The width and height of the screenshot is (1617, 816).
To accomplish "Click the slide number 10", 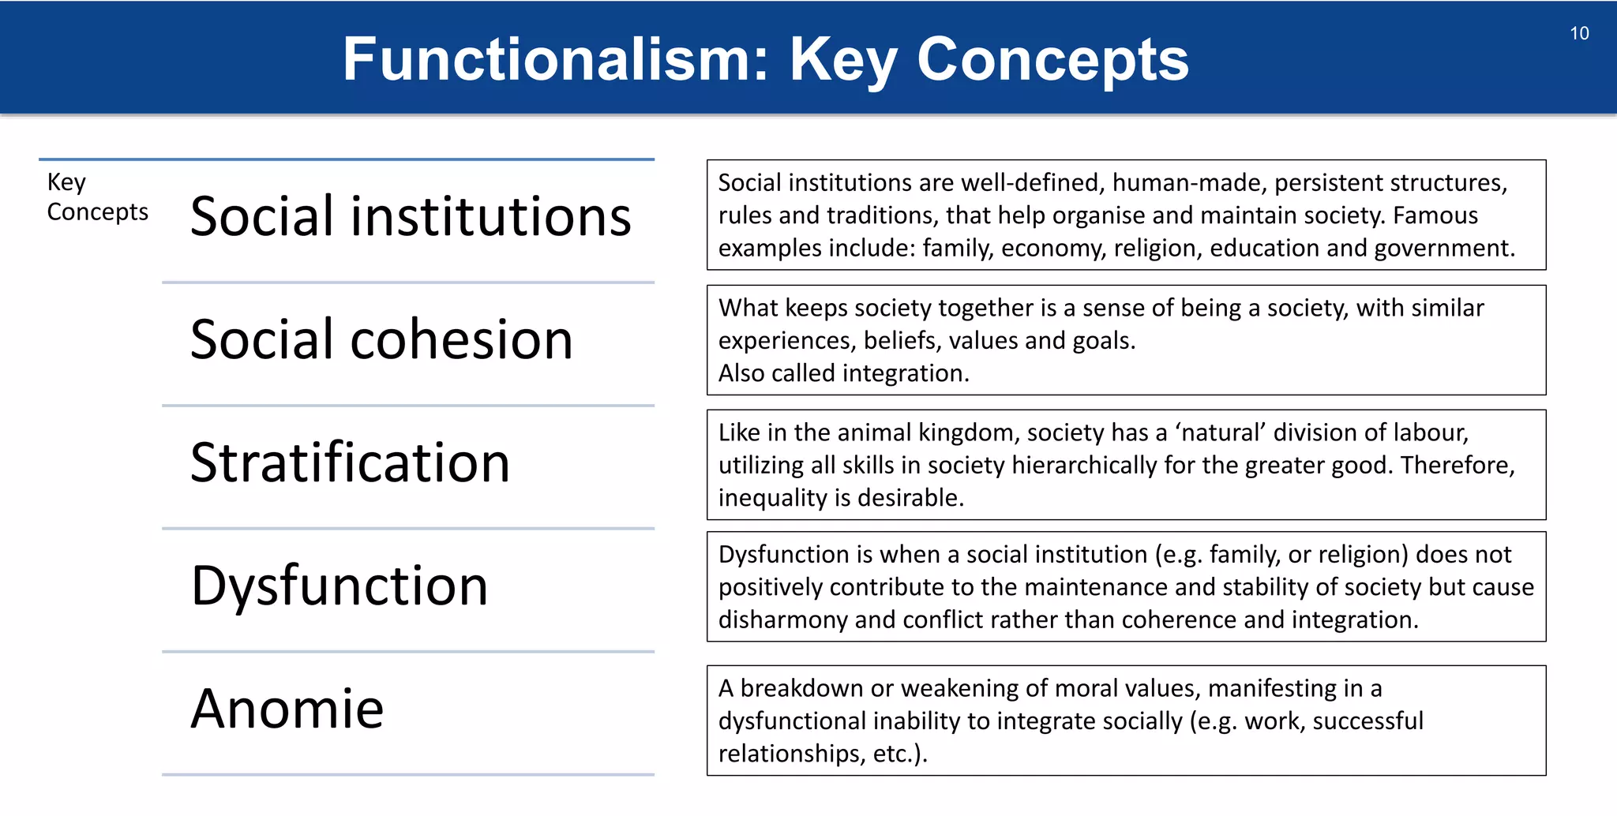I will click(1579, 33).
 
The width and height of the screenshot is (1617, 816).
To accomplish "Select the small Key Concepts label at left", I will click(96, 197).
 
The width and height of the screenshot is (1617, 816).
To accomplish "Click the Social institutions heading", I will click(411, 216).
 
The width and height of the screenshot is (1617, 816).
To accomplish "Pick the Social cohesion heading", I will click(381, 340).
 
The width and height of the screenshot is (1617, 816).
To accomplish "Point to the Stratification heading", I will click(350, 462).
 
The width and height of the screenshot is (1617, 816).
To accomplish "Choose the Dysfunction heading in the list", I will click(340, 586).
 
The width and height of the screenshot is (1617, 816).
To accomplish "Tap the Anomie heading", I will click(287, 709).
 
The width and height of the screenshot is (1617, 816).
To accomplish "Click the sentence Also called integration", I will click(843, 373).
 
